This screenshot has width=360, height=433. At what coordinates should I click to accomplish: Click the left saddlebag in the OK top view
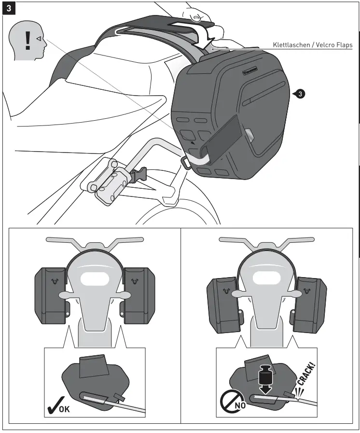(x=51, y=294)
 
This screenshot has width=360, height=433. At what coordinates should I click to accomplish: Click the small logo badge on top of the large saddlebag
(x=249, y=71)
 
